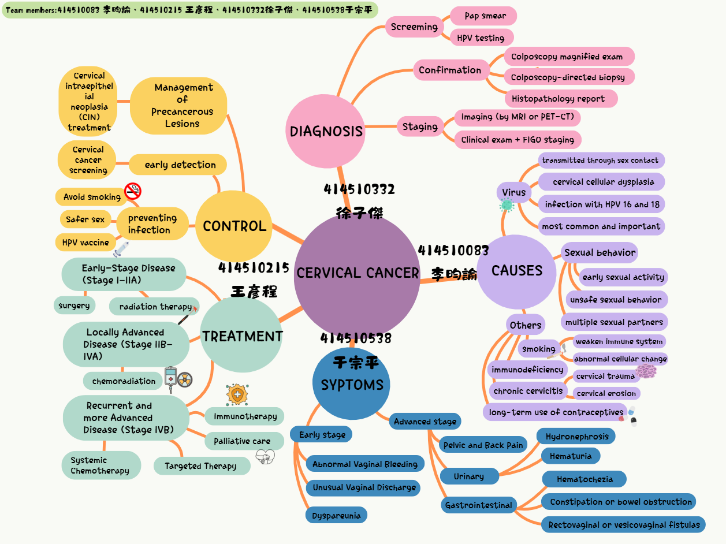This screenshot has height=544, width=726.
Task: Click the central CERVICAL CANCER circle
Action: coord(357,273)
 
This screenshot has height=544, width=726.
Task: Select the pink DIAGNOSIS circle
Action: coord(326,131)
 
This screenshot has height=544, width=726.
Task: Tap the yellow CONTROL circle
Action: coord(234,226)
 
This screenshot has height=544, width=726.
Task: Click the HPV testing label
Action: coord(481,38)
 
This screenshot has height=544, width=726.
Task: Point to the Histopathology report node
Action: coord(558,99)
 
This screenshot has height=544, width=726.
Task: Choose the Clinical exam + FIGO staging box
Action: coord(517,140)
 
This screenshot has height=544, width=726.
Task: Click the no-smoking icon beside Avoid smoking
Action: coord(133,191)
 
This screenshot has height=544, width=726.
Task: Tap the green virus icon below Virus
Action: coord(507,204)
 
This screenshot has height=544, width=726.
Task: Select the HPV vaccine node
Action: coord(85,243)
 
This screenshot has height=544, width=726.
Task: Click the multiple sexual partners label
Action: coord(614,322)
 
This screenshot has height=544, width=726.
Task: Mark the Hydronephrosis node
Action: coord(576,437)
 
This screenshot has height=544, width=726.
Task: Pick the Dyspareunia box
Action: coord(336,516)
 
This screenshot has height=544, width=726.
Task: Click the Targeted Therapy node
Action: coord(201,466)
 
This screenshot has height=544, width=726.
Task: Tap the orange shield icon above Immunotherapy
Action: coord(237,394)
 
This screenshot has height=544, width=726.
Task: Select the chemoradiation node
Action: coord(124,381)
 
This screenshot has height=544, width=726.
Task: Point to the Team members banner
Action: coord(190,10)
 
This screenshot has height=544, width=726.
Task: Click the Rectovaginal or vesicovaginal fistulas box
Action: coord(624,525)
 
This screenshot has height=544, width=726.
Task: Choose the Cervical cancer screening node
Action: coord(88,160)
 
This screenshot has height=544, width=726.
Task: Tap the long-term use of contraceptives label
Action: coord(556,412)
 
